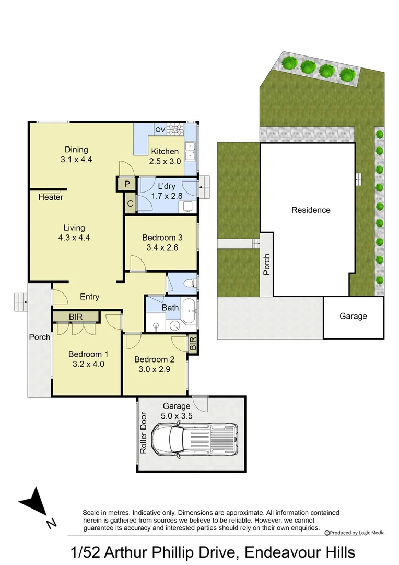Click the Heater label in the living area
pyautogui.click(x=51, y=197)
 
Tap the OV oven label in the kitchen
pyautogui.click(x=160, y=129)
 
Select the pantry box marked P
pyautogui.click(x=126, y=184)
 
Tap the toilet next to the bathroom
pyautogui.click(x=190, y=284)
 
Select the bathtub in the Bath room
pyautogui.click(x=189, y=313)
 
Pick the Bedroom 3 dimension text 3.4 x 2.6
pyautogui.click(x=160, y=247)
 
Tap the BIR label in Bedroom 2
pyautogui.click(x=193, y=344)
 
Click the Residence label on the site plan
pyautogui.click(x=311, y=210)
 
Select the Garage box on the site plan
pyautogui.click(x=353, y=317)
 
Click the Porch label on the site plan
pyautogui.click(x=267, y=265)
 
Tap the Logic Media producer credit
pyautogui.click(x=355, y=533)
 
